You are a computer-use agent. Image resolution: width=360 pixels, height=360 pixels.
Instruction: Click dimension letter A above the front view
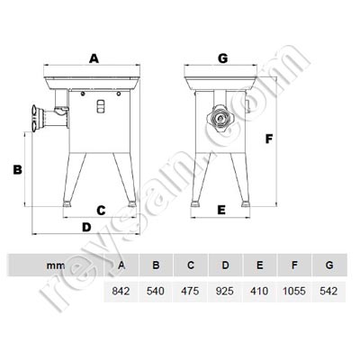[x=92, y=58]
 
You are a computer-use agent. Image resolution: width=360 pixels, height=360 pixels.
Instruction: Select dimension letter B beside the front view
[x=16, y=168]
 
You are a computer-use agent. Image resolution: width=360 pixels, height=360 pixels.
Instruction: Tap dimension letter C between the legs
[x=102, y=210]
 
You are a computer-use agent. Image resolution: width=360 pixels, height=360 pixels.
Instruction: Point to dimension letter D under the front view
[x=87, y=226]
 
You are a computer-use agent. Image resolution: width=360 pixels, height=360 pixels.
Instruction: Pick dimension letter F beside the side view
[x=267, y=139]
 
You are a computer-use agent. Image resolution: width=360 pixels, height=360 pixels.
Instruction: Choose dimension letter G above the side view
[x=221, y=58]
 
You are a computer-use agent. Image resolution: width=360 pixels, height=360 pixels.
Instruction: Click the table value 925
[x=224, y=292]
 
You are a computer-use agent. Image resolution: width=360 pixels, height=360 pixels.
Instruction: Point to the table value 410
[x=257, y=292]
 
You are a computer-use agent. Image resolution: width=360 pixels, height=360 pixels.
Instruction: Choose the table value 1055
[x=292, y=292]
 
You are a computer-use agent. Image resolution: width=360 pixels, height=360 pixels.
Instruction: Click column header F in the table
[x=292, y=265]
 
